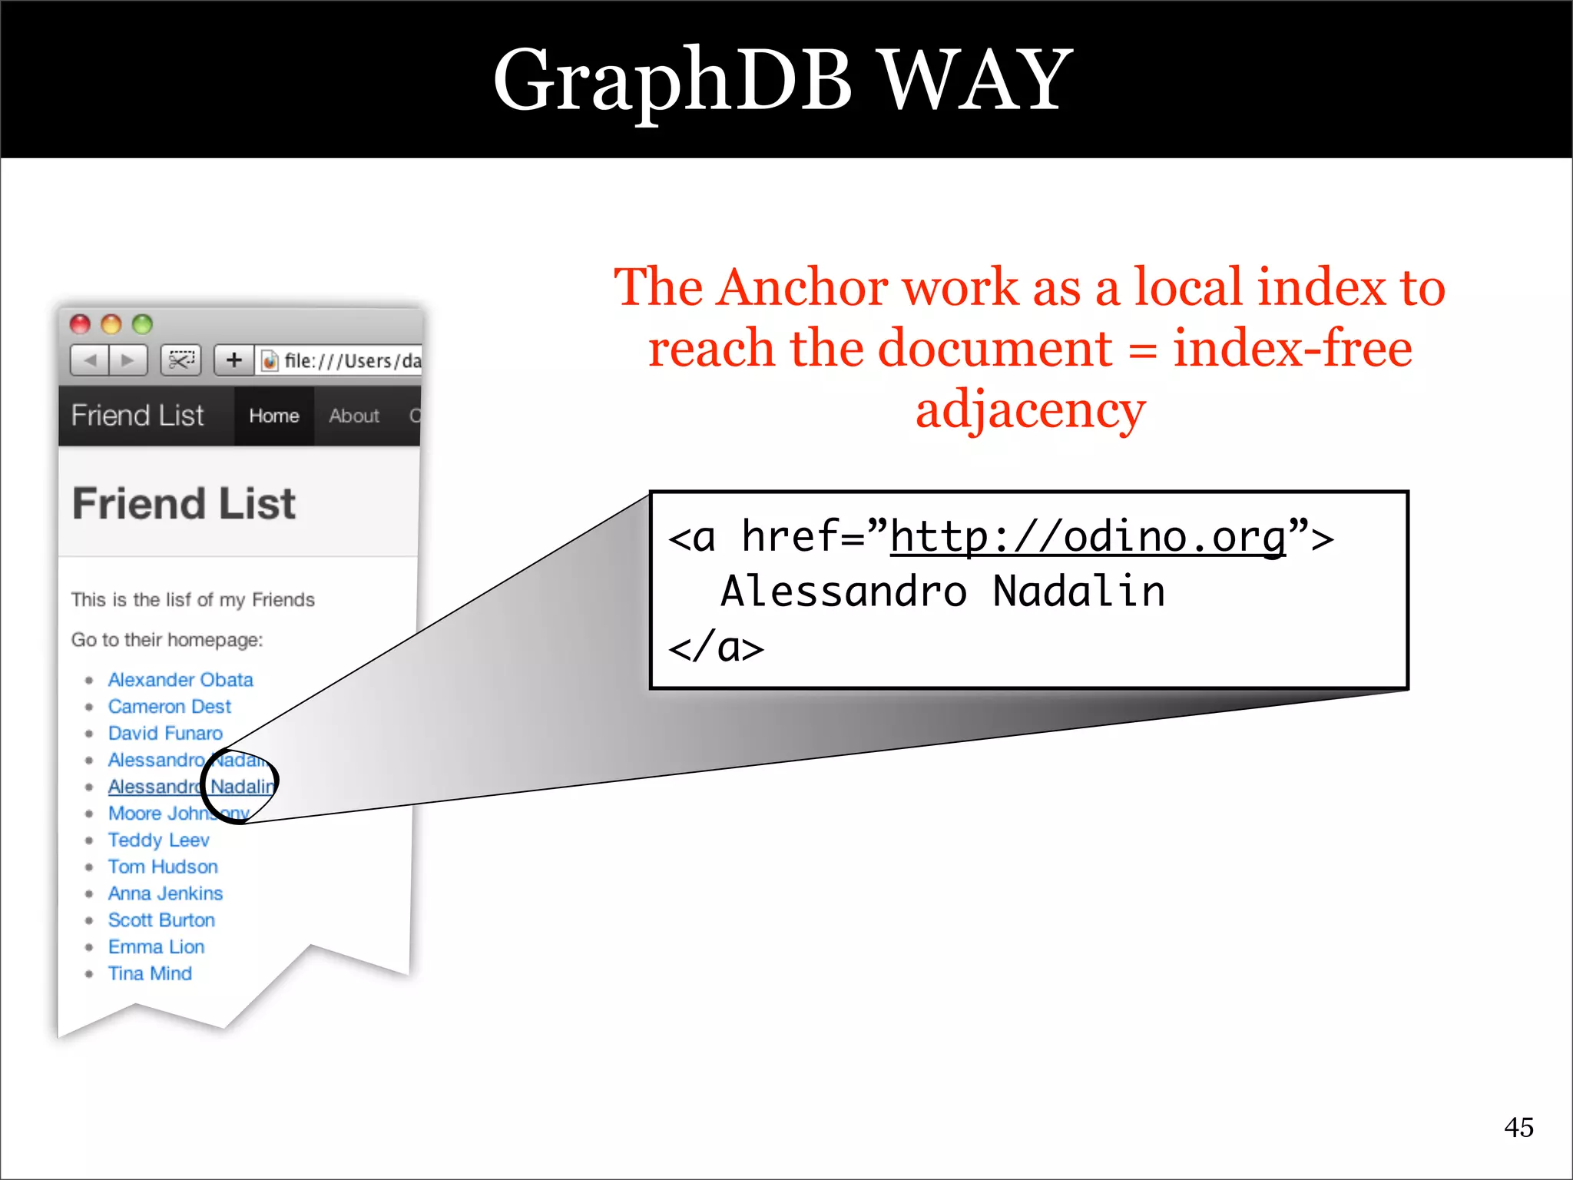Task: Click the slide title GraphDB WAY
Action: point(783,80)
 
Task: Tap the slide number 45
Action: point(1518,1127)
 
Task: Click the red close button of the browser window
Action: point(81,324)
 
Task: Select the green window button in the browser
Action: point(142,324)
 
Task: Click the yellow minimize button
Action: point(111,324)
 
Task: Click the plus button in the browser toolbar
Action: point(233,360)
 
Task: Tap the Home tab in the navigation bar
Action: point(274,416)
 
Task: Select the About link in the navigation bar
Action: point(354,416)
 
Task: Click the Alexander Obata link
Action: point(180,680)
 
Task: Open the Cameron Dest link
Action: point(169,707)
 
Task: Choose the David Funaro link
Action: point(165,734)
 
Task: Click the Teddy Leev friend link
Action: point(158,840)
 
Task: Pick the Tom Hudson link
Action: point(163,867)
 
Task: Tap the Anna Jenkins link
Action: point(165,893)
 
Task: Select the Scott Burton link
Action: point(161,920)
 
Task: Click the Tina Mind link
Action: point(150,973)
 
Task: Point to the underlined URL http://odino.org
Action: point(1088,536)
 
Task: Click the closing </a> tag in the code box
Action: point(716,647)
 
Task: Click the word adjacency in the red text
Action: point(1030,409)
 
